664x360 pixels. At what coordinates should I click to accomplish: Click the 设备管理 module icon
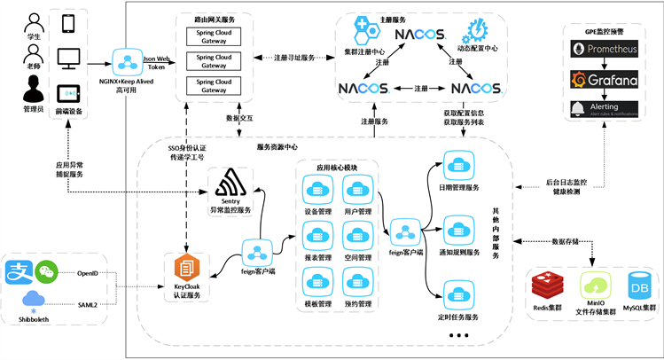316,191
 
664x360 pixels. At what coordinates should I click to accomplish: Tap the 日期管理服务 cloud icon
458,167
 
